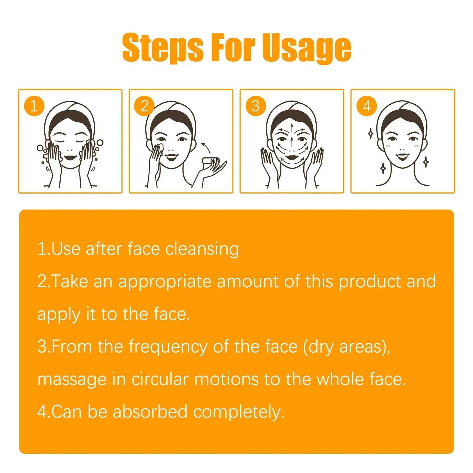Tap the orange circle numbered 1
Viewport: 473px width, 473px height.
(x=34, y=106)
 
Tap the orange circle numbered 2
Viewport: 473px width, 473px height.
(x=144, y=106)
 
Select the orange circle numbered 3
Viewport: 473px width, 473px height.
(x=255, y=106)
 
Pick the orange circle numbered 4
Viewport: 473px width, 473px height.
(x=367, y=106)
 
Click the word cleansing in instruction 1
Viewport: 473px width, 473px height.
(x=202, y=249)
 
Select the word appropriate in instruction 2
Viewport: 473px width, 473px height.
(x=165, y=281)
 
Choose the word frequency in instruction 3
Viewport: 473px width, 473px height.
(x=168, y=346)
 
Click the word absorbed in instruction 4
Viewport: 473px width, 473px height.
(x=150, y=412)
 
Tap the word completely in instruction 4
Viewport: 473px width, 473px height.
(x=239, y=412)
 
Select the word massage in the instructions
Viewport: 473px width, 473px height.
(x=72, y=380)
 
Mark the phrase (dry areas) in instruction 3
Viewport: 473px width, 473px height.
(x=346, y=346)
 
